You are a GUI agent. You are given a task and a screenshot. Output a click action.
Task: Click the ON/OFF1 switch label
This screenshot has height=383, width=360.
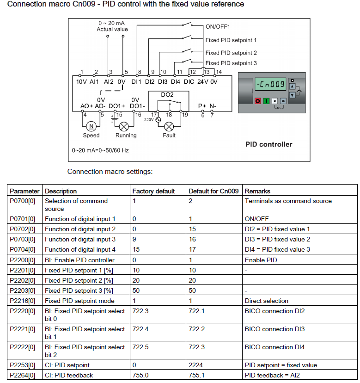pyautogui.click(x=218, y=27)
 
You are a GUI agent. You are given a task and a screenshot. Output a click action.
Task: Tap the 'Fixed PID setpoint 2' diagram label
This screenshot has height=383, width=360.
pyautogui.click(x=231, y=53)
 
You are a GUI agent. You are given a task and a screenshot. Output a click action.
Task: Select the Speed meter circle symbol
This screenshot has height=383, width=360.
pyautogui.click(x=91, y=126)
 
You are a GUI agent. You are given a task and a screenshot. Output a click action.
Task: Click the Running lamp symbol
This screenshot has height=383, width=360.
pyautogui.click(x=124, y=126)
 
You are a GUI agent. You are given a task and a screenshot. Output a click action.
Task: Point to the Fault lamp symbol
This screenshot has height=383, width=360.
pyautogui.click(x=169, y=126)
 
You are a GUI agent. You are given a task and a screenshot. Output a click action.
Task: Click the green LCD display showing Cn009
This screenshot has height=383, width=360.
pyautogui.click(x=270, y=85)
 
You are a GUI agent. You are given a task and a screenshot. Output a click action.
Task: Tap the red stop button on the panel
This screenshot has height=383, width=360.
pyautogui.click(x=257, y=100)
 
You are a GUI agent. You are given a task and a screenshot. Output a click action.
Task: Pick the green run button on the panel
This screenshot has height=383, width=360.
pyautogui.click(x=266, y=100)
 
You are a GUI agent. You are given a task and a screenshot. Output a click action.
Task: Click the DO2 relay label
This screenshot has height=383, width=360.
pyautogui.click(x=167, y=94)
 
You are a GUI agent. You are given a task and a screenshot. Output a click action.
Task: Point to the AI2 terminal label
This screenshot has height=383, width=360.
pyautogui.click(x=109, y=81)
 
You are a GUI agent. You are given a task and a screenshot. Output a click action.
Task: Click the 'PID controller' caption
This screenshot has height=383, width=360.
pyautogui.click(x=268, y=144)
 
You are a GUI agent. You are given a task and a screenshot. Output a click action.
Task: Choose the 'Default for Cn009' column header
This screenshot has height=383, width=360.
pyautogui.click(x=214, y=191)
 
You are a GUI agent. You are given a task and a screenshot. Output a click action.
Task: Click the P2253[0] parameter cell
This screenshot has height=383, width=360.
pyautogui.click(x=23, y=365)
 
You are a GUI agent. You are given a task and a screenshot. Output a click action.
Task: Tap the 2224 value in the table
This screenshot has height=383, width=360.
pyautogui.click(x=195, y=365)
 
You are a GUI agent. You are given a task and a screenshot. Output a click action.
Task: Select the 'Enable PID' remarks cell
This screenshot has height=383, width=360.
pyautogui.click(x=261, y=260)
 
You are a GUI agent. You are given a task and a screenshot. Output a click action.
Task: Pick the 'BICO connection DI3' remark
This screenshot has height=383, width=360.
pyautogui.click(x=275, y=329)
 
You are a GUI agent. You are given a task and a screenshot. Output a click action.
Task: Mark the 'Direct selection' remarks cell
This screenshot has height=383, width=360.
pyautogui.click(x=267, y=301)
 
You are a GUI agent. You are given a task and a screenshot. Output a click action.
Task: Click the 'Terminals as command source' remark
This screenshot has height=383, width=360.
pyautogui.click(x=288, y=201)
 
